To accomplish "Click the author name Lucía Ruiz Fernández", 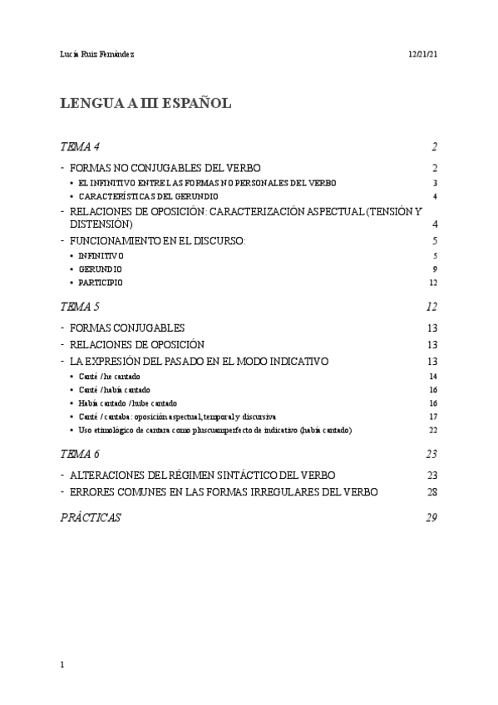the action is click(98, 54).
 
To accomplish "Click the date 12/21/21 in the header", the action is click(422, 54).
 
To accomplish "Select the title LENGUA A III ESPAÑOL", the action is click(145, 104).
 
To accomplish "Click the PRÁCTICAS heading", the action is click(91, 517).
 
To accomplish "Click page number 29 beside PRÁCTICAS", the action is click(431, 517).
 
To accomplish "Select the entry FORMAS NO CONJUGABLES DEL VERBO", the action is click(165, 168).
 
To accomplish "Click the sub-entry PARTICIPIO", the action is click(101, 283).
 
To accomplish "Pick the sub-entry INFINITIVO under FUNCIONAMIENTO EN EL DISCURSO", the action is click(101, 255).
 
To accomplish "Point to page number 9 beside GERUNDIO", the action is click(435, 269).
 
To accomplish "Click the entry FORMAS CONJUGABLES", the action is click(127, 328).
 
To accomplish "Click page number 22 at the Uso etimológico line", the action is click(432, 430).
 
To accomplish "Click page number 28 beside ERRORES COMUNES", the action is click(431, 491).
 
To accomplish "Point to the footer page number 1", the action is click(63, 665).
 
